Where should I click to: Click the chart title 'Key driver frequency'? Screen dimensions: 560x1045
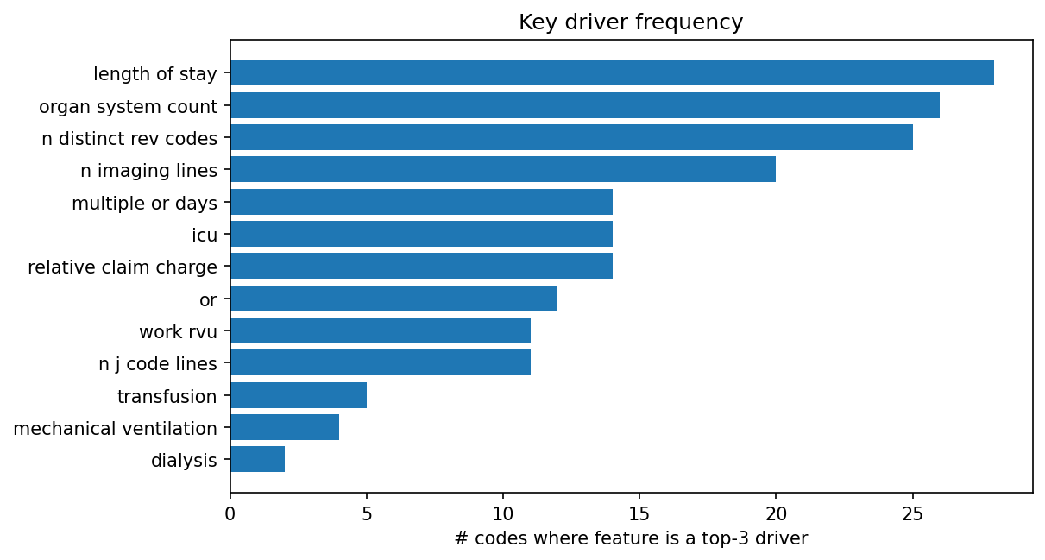coord(631,22)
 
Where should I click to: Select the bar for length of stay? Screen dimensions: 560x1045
coord(612,72)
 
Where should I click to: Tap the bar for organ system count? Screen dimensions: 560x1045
coord(584,105)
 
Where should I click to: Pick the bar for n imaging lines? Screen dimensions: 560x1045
coord(502,169)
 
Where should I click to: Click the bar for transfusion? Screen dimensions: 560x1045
coord(298,396)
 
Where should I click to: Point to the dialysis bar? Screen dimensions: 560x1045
coord(257,460)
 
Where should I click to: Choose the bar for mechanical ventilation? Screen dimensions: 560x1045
coord(285,428)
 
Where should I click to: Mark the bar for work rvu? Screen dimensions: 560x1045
coord(380,331)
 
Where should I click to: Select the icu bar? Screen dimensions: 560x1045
coord(421,234)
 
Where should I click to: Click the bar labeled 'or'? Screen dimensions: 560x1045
coord(393,299)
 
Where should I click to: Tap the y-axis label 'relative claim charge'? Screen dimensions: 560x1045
coord(123,267)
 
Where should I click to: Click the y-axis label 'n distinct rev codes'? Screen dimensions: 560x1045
coord(129,138)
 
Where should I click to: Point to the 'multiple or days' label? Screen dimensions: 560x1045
coord(144,204)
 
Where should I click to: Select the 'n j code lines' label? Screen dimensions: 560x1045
coord(158,364)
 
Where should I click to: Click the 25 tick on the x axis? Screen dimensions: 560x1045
coord(912,513)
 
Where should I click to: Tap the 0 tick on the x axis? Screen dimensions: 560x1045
coord(230,513)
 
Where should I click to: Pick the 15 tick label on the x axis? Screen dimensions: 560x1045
coord(639,513)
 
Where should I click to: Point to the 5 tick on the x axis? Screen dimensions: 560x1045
coord(367,513)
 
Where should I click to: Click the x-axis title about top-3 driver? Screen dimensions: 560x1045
coord(631,539)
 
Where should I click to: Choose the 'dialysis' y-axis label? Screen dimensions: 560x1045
coord(184,461)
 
